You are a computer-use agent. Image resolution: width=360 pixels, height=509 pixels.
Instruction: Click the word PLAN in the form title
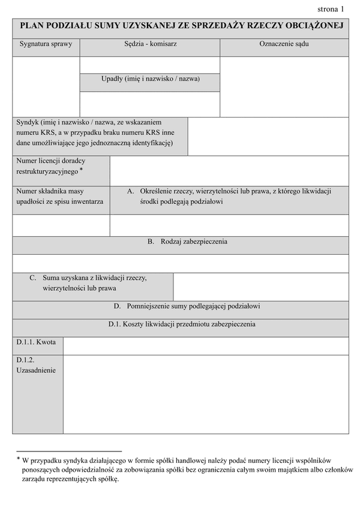pos(34,26)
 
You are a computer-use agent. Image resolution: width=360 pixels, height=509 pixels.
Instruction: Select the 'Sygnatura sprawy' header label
pos(46,44)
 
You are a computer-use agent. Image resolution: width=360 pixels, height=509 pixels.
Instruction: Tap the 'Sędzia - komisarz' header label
pos(150,44)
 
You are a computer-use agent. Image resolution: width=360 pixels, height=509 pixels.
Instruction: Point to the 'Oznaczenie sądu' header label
pos(284,44)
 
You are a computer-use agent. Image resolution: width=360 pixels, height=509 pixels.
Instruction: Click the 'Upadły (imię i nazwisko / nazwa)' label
pos(150,79)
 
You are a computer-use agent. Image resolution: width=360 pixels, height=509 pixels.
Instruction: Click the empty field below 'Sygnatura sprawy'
pos(46,87)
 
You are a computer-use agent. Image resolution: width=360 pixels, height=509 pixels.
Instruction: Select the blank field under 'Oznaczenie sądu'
pos(284,87)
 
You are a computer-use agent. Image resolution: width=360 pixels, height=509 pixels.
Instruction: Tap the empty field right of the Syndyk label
pos(268,136)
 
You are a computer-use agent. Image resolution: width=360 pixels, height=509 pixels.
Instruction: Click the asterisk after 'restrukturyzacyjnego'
pos(82,170)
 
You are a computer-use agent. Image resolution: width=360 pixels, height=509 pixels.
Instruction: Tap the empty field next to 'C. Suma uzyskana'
pos(260,287)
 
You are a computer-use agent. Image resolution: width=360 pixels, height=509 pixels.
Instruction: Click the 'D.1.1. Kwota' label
pos(37,342)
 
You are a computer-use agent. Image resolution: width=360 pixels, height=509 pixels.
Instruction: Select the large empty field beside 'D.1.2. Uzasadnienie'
pos(205,394)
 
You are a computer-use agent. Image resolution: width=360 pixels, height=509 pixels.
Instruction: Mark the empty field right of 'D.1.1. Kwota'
pos(205,346)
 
